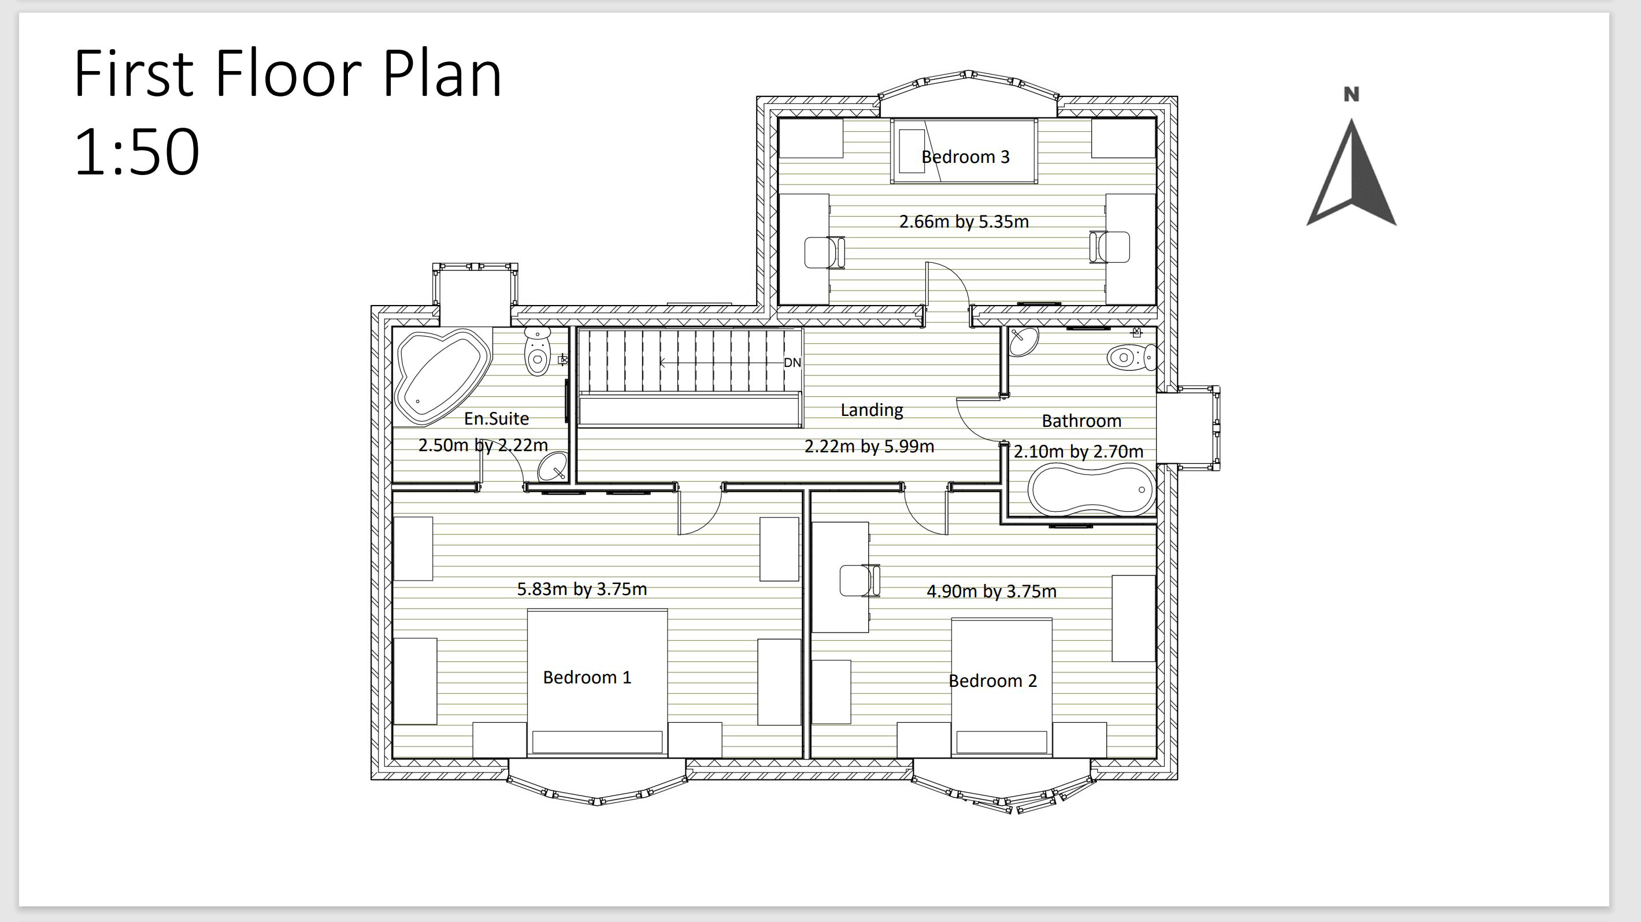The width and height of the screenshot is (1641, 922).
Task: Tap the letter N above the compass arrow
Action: click(x=1351, y=94)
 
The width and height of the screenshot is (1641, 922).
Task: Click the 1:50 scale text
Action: click(x=137, y=151)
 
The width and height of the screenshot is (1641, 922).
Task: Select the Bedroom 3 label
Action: click(x=965, y=157)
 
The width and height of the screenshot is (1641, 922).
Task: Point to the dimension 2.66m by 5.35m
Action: click(x=964, y=222)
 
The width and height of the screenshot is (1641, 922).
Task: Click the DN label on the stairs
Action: click(x=792, y=362)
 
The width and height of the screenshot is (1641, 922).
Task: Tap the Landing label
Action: click(x=872, y=410)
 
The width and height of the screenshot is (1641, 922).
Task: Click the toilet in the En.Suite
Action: click(x=538, y=351)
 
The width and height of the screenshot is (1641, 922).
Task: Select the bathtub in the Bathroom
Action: click(x=1091, y=489)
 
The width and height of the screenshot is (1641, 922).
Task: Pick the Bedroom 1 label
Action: click(x=587, y=677)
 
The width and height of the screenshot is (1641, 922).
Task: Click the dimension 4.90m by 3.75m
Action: click(x=991, y=592)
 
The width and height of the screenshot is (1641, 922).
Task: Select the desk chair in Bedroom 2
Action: click(x=859, y=580)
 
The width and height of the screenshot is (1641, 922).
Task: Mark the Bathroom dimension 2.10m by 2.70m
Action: click(x=1078, y=451)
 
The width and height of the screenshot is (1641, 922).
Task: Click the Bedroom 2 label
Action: click(x=992, y=681)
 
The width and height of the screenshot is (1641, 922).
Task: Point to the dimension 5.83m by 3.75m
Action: click(x=581, y=589)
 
